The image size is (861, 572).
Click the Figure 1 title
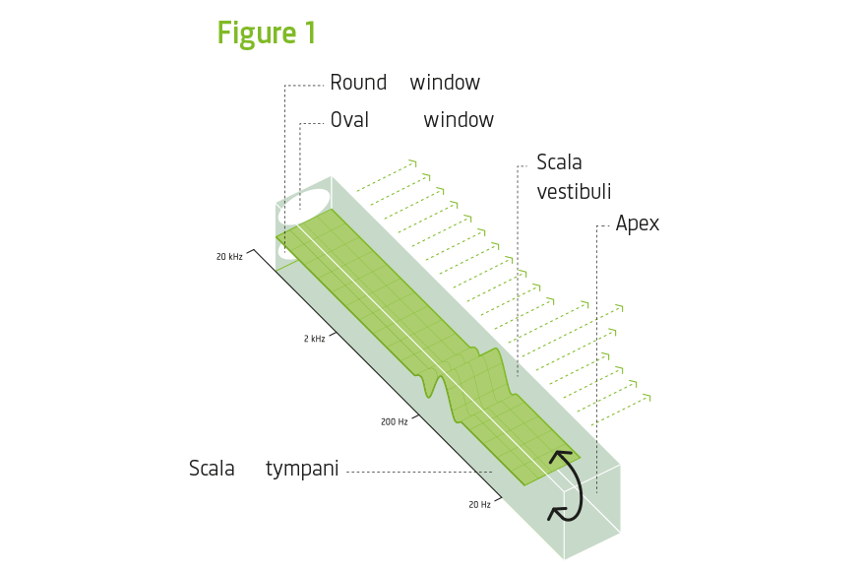coord(267,32)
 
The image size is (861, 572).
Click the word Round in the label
coord(358,83)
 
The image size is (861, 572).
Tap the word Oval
coord(349,120)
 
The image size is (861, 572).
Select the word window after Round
coord(445,83)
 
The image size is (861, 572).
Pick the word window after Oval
coord(459,120)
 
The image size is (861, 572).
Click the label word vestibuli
coord(574,192)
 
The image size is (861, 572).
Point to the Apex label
coord(637,223)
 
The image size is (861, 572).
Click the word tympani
coord(302,470)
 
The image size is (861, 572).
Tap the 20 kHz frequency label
coord(229,256)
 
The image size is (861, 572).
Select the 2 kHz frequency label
coord(314,338)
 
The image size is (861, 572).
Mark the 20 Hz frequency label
coord(479,504)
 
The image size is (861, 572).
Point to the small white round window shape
coord(286,251)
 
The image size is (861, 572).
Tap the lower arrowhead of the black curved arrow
coord(558,512)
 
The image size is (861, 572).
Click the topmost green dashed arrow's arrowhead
coord(414,162)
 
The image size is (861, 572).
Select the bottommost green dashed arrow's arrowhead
coord(648,397)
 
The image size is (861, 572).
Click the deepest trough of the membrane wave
coord(430,392)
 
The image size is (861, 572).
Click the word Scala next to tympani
coord(213,470)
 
